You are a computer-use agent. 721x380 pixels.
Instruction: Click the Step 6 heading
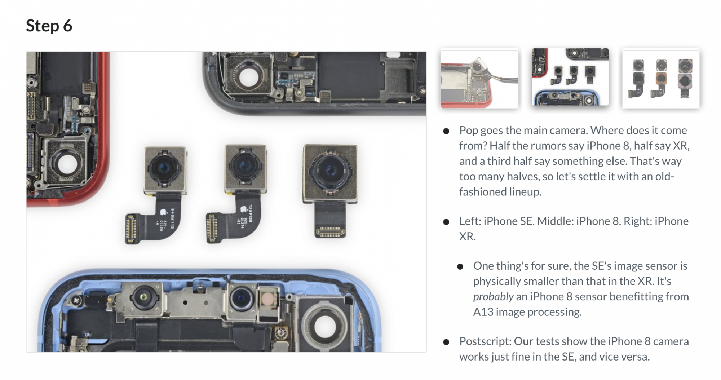(x=49, y=26)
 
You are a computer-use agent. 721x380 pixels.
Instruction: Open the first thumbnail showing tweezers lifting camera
(x=479, y=79)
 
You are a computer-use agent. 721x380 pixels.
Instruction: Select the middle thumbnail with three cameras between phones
(x=570, y=78)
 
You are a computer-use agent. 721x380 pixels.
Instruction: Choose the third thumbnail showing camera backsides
(x=661, y=79)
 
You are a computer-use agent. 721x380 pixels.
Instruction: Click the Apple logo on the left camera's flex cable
(x=163, y=212)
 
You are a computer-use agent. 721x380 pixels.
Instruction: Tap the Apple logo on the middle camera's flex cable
(x=243, y=209)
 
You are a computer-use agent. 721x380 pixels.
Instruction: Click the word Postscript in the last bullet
(x=485, y=341)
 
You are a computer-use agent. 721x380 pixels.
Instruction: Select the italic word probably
(x=493, y=297)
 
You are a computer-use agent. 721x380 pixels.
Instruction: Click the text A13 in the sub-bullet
(x=483, y=312)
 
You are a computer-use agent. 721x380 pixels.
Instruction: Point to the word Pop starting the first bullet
(x=468, y=131)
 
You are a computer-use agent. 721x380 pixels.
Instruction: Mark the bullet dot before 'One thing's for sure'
(x=460, y=267)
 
